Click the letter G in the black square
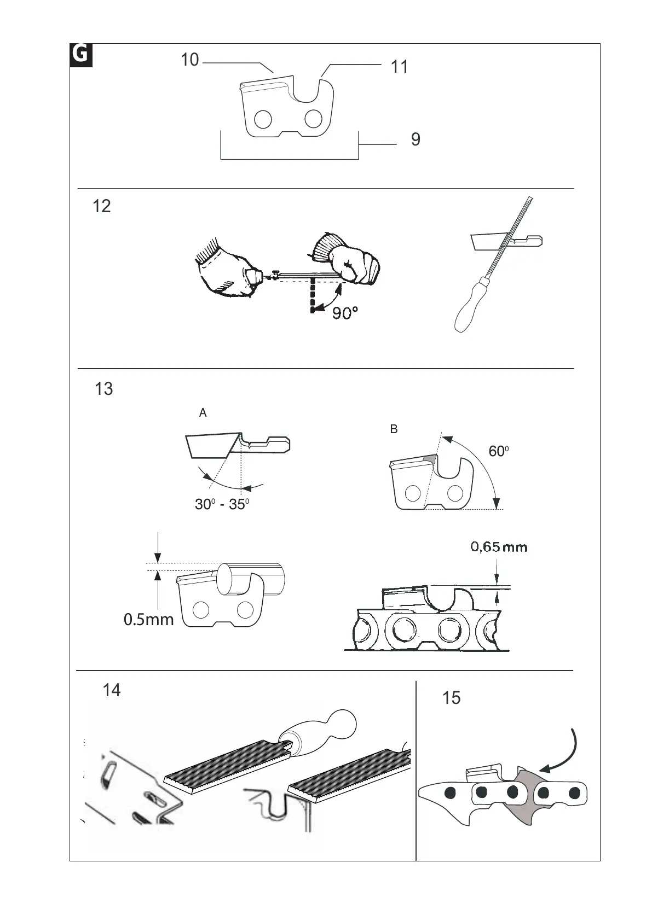tap(81, 55)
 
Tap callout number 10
tap(189, 60)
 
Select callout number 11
tap(400, 67)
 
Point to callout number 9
tap(416, 139)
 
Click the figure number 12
tap(102, 206)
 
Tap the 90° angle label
tap(345, 313)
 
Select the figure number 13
tap(103, 389)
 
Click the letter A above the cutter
tap(203, 413)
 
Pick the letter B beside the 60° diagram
tap(394, 430)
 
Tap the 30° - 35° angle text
tap(222, 504)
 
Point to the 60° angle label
tap(499, 451)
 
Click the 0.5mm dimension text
tap(148, 620)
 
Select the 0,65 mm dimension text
tap(499, 547)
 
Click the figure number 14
tap(112, 691)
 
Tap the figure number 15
tap(451, 698)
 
